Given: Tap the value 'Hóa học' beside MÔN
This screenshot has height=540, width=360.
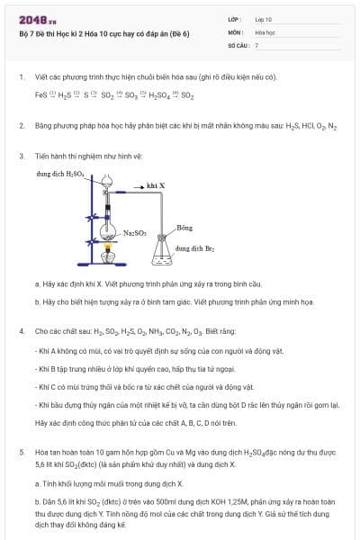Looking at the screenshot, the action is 264,31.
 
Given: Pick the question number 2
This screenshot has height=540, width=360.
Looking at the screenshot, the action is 21,126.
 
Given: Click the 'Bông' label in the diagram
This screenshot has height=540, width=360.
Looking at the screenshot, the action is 184,228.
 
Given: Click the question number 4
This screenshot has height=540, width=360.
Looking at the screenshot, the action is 21,331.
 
